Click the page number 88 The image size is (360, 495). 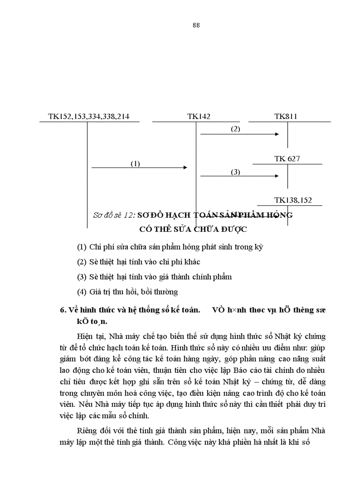[196, 25]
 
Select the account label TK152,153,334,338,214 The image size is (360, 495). [88, 117]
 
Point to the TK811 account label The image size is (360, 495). [285, 117]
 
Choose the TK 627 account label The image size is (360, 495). [287, 159]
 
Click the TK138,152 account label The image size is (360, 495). [290, 200]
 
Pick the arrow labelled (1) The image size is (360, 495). [139, 167]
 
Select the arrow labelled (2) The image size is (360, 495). [240, 134]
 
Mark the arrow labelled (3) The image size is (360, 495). [240, 176]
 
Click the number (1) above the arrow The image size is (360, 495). [135, 164]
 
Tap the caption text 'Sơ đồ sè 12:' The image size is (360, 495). [114, 215]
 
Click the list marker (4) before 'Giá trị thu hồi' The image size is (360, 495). [81, 291]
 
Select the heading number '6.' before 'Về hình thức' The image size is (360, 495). [63, 309]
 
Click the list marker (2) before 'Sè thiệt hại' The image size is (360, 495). [81, 262]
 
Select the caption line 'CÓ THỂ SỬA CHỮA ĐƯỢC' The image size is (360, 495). [192, 229]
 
